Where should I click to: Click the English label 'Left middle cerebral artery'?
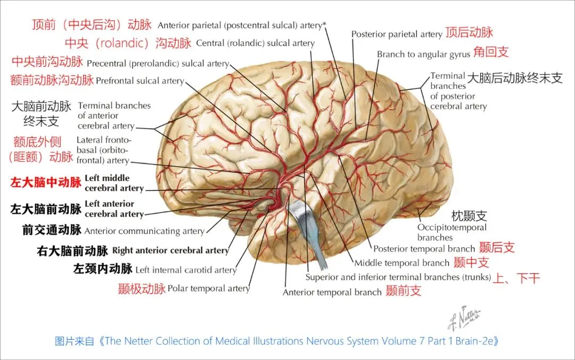[x=114, y=183]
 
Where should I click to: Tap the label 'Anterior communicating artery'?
[x=144, y=231]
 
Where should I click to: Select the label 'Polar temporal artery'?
[x=209, y=289]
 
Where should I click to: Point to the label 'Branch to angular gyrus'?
[x=424, y=54]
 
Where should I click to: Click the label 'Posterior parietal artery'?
[x=397, y=34]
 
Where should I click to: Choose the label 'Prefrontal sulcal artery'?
[x=139, y=81]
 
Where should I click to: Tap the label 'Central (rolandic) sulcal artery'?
[x=255, y=43]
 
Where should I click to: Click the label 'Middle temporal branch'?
[x=402, y=263]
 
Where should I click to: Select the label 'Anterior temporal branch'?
[x=332, y=292]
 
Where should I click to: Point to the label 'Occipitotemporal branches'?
[x=451, y=232]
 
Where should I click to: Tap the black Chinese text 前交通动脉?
[x=52, y=230]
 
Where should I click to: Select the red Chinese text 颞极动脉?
[x=142, y=289]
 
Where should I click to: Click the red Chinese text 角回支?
[x=491, y=52]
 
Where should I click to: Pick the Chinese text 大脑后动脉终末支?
[x=515, y=78]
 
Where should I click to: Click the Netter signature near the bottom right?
[x=464, y=318]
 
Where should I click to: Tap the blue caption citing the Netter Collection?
[x=277, y=341]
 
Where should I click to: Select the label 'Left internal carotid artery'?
[x=186, y=270]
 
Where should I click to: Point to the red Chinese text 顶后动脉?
[x=470, y=32]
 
